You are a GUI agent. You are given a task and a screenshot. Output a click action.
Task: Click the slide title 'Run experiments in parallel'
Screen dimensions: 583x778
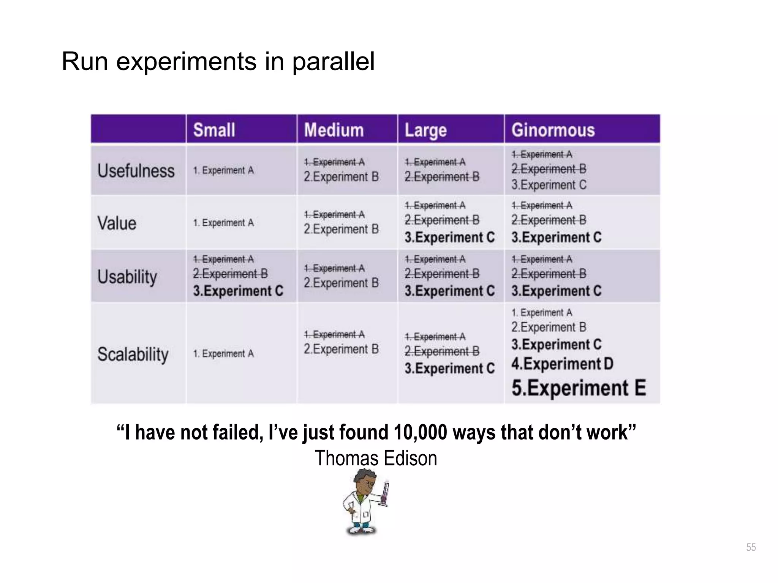(x=218, y=61)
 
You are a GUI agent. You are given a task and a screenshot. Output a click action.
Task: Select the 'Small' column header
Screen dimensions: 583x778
(x=214, y=130)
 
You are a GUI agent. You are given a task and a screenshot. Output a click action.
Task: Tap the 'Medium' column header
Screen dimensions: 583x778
(x=334, y=130)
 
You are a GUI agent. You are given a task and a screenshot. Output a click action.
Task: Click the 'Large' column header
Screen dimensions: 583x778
(x=425, y=130)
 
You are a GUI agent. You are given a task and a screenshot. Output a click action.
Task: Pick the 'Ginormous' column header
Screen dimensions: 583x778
(x=553, y=130)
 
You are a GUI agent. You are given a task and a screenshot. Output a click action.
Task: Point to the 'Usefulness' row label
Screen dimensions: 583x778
(x=136, y=171)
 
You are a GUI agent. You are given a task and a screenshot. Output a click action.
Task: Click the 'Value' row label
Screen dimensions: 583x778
(x=117, y=223)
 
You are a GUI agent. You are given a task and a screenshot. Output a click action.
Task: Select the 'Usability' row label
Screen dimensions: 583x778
(x=127, y=277)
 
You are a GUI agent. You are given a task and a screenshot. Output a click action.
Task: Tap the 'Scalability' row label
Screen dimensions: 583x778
(x=133, y=354)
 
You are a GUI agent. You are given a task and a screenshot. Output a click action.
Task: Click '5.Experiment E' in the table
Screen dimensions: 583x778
(x=579, y=388)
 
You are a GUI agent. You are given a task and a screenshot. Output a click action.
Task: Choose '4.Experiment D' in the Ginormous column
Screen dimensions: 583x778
(x=562, y=364)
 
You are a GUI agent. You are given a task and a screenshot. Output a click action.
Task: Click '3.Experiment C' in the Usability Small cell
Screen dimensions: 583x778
(x=238, y=291)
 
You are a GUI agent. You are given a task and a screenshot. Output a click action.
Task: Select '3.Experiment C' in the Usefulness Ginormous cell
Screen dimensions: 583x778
(x=549, y=185)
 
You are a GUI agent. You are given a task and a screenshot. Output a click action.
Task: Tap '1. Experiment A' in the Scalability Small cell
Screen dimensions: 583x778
(x=223, y=354)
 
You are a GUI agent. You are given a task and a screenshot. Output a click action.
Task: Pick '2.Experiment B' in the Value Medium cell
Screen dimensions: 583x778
(x=341, y=229)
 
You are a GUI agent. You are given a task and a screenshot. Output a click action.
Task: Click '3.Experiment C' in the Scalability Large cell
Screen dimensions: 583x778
(x=449, y=369)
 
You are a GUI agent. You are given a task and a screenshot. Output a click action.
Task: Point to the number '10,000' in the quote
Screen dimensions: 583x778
(x=421, y=433)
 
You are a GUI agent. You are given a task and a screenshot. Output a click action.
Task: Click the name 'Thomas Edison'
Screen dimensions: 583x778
(x=376, y=459)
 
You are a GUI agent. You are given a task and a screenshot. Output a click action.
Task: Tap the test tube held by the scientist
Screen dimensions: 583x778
(x=384, y=493)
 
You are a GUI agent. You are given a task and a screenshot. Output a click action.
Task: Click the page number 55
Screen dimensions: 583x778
(x=751, y=547)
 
